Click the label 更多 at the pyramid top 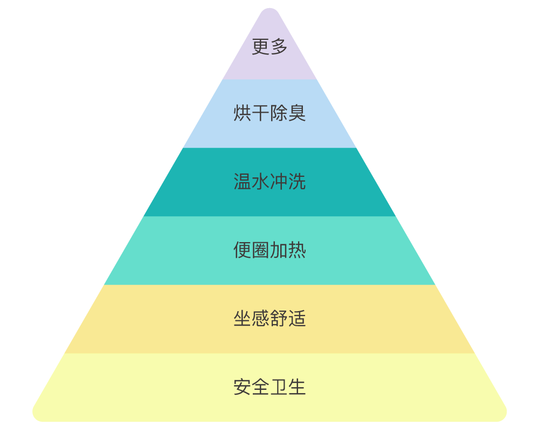click(x=269, y=47)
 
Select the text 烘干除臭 click(x=269, y=113)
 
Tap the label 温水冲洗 click(x=269, y=182)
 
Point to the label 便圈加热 click(x=269, y=250)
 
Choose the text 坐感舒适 click(x=269, y=319)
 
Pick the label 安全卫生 click(x=269, y=387)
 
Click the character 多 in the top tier click(x=279, y=47)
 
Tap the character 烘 click(x=242, y=113)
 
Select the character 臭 click(x=297, y=113)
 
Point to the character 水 click(x=260, y=182)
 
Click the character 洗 click(x=297, y=182)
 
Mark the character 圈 click(x=260, y=250)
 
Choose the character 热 click(x=297, y=250)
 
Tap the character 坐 click(x=242, y=319)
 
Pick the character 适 click(x=297, y=319)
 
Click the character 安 click(x=242, y=387)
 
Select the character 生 click(x=297, y=387)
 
